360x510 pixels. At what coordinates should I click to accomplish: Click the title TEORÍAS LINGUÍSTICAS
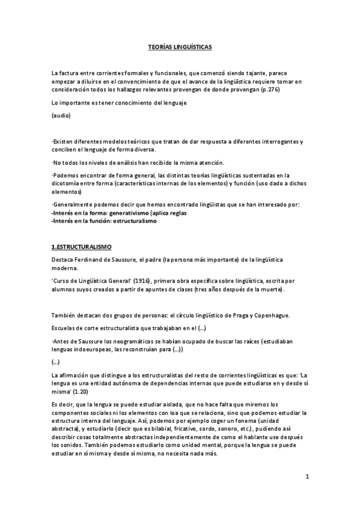pyautogui.click(x=180, y=46)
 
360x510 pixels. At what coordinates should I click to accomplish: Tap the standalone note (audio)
pyautogui.click(x=62, y=115)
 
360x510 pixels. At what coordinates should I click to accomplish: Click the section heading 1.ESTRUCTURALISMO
pyautogui.click(x=82, y=247)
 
